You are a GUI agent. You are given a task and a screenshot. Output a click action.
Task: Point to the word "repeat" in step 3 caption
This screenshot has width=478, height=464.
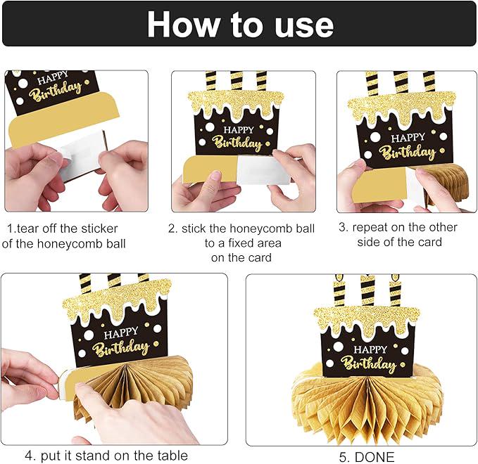click(x=369, y=228)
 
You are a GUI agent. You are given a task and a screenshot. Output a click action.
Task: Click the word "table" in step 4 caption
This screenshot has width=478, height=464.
click(x=172, y=456)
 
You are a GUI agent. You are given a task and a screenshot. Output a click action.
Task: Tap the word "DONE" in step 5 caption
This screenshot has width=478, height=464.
click(x=375, y=457)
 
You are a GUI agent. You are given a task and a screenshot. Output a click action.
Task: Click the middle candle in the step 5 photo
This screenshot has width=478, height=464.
click(x=367, y=291)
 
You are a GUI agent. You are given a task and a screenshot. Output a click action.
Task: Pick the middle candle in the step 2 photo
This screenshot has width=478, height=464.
click(x=237, y=81)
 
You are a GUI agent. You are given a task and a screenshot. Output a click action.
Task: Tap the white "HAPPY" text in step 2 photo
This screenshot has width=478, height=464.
click(x=239, y=130)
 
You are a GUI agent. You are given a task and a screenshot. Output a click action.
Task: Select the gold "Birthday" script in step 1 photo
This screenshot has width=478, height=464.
click(x=56, y=92)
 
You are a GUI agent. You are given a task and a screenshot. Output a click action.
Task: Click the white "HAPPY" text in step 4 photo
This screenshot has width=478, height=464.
click(x=121, y=333)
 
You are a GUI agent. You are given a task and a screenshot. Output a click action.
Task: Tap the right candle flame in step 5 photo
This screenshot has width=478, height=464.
click(x=395, y=278)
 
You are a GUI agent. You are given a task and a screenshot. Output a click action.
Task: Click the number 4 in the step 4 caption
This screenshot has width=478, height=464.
click(x=29, y=456)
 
